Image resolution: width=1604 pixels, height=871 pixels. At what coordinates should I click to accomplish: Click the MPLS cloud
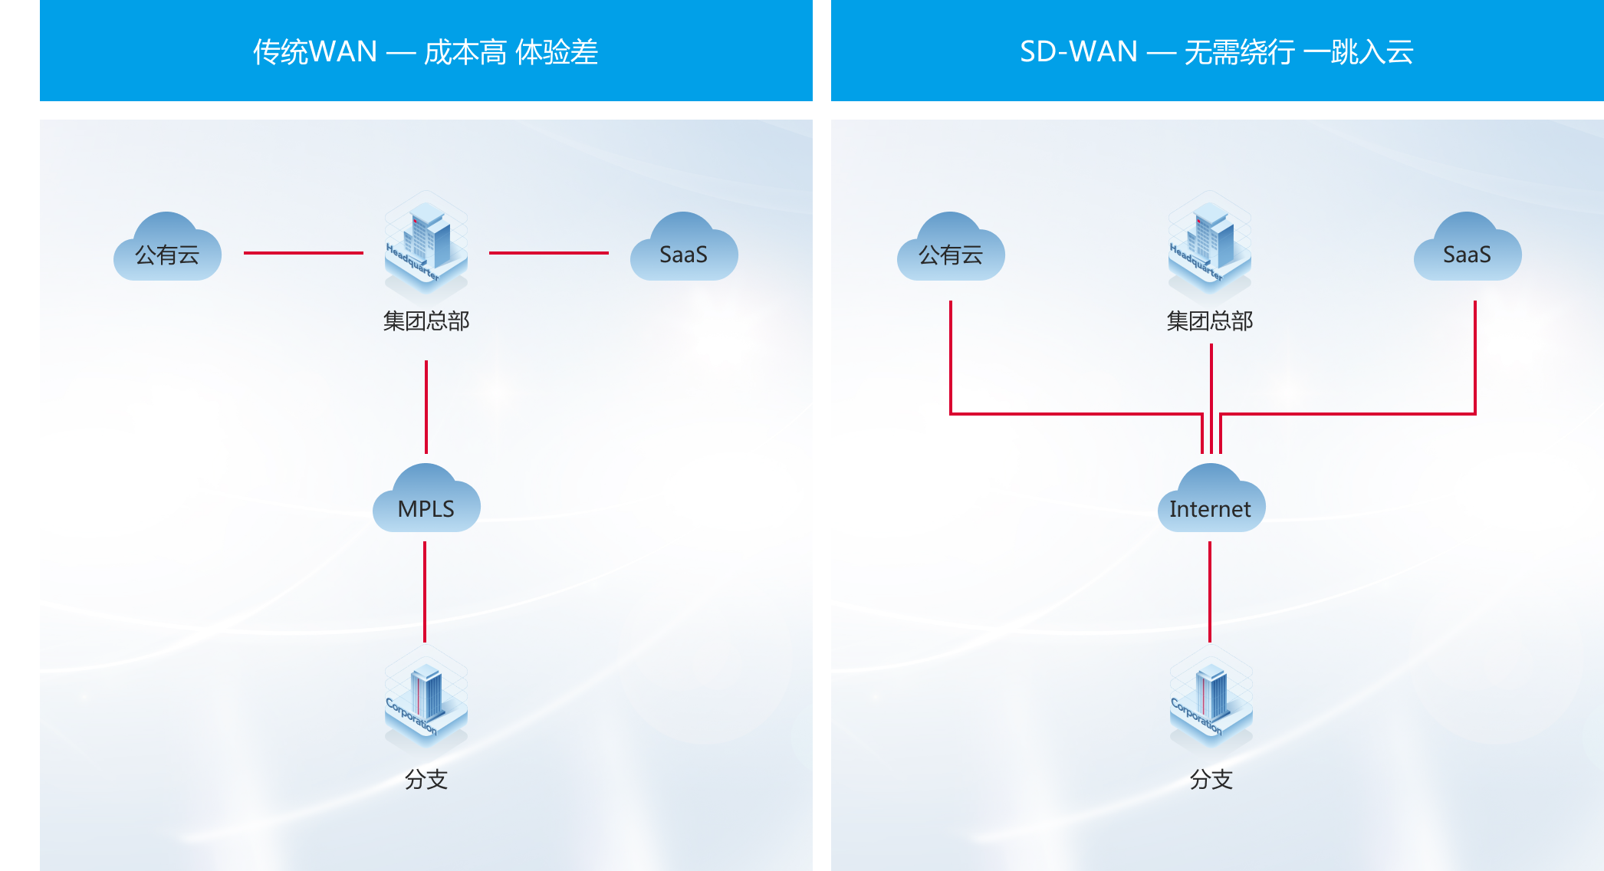[426, 501]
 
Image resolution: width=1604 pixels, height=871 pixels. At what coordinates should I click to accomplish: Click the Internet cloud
[1211, 501]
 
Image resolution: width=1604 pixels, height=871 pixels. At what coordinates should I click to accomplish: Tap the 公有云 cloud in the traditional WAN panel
[167, 250]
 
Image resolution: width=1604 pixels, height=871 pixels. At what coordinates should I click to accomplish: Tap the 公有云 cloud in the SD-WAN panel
[951, 250]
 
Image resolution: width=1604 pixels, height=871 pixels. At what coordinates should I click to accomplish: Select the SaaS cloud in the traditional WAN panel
[684, 250]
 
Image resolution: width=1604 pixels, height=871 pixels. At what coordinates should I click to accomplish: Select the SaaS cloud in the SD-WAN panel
[1468, 250]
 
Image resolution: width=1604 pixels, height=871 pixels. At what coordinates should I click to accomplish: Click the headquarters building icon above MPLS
[426, 244]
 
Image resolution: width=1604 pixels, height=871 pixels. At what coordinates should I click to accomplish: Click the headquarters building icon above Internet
[1210, 244]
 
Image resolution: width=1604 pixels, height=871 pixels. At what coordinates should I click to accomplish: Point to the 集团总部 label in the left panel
[426, 320]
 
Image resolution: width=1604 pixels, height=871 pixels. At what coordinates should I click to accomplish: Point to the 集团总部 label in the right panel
[1210, 320]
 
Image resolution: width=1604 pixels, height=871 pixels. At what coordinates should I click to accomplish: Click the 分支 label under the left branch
[426, 779]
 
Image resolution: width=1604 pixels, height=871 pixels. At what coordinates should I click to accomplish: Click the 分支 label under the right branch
[1211, 779]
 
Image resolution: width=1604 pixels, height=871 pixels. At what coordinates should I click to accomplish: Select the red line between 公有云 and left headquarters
[304, 252]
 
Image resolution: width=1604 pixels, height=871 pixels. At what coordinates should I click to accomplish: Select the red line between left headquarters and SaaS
[549, 252]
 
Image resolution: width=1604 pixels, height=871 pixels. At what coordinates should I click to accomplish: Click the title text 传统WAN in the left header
[315, 51]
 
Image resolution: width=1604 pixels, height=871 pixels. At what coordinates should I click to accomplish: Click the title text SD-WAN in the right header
[1078, 51]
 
